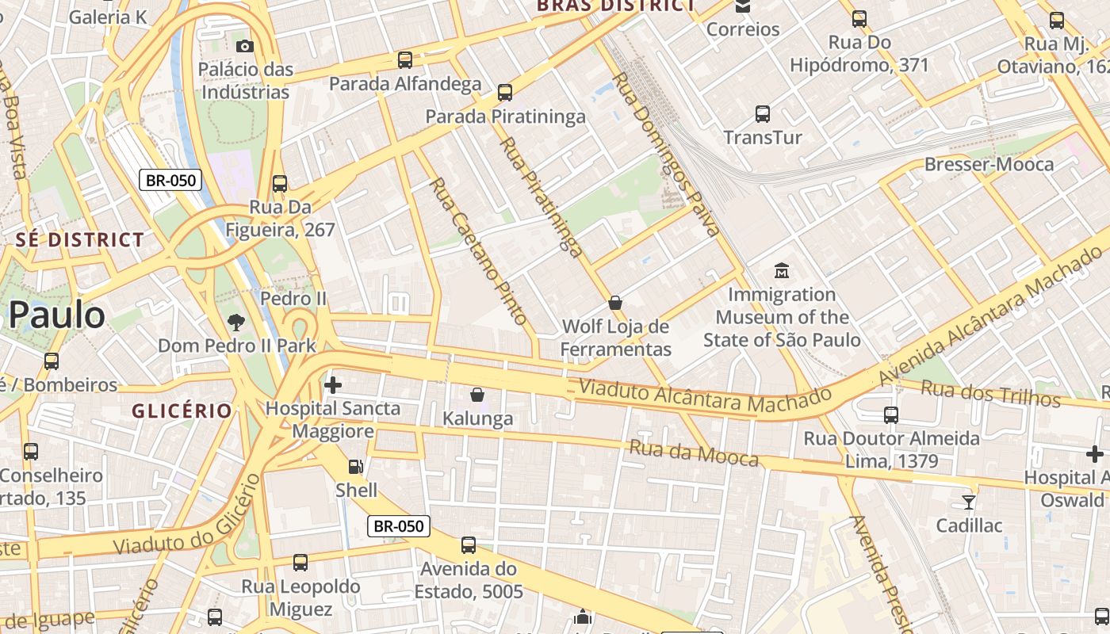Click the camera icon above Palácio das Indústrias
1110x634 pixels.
pyautogui.click(x=245, y=46)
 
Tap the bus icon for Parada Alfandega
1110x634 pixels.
pyautogui.click(x=405, y=60)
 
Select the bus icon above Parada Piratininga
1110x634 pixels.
pyautogui.click(x=505, y=93)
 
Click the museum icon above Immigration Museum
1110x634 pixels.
pyautogui.click(x=782, y=271)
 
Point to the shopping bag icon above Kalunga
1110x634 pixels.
pyautogui.click(x=477, y=395)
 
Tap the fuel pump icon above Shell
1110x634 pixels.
pyautogui.click(x=356, y=467)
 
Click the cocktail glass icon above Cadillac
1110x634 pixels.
pyautogui.click(x=968, y=502)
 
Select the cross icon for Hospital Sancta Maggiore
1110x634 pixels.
pyautogui.click(x=333, y=385)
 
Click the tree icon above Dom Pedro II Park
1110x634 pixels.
pyautogui.click(x=235, y=323)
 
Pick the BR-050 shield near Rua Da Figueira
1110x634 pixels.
pyautogui.click(x=170, y=180)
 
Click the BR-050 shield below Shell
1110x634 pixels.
pyautogui.click(x=400, y=525)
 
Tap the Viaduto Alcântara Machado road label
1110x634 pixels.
pyautogui.click(x=706, y=396)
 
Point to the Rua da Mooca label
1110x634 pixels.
pyautogui.click(x=694, y=453)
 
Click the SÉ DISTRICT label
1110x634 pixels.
pyautogui.click(x=80, y=239)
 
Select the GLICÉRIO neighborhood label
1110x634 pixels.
pyautogui.click(x=182, y=411)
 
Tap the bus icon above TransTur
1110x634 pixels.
pyautogui.click(x=762, y=114)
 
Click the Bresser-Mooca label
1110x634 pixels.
pyautogui.click(x=989, y=165)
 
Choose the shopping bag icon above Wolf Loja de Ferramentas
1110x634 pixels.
pyautogui.click(x=614, y=303)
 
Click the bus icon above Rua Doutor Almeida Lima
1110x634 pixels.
pyautogui.click(x=891, y=415)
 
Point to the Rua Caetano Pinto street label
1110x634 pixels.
pyautogui.click(x=478, y=251)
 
